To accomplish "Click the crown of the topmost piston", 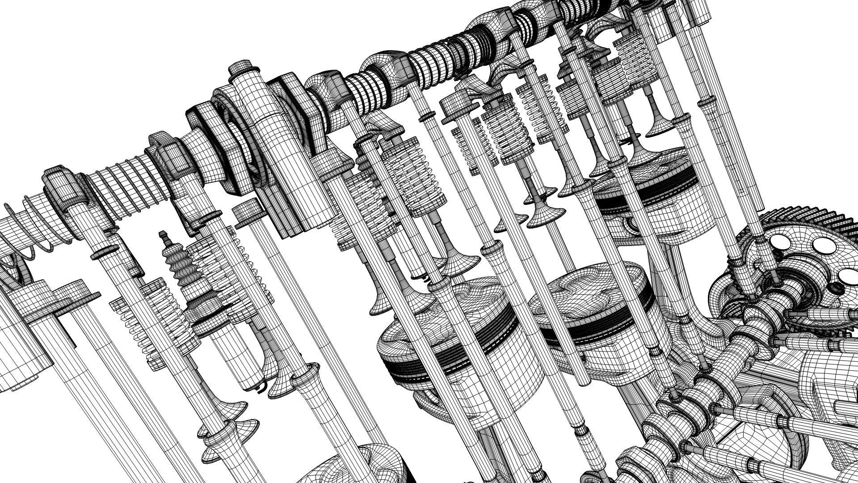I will [643, 170].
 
